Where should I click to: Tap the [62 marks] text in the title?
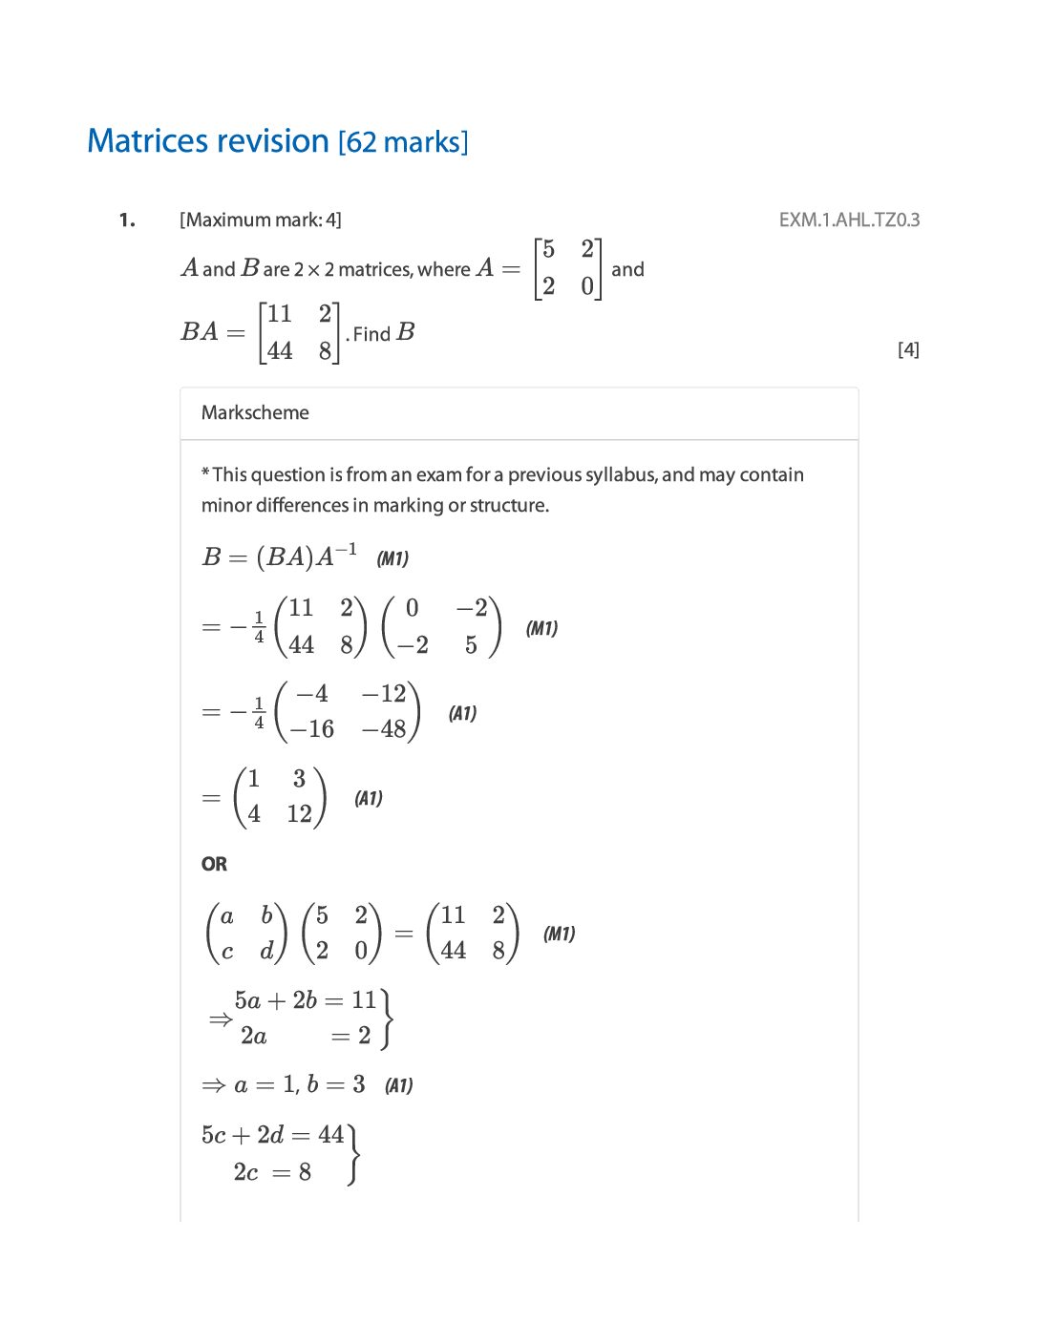(x=403, y=142)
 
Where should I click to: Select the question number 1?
(x=127, y=220)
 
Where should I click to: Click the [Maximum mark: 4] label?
(x=260, y=220)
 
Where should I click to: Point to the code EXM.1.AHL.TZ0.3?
(x=849, y=220)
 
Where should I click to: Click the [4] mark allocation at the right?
(x=908, y=349)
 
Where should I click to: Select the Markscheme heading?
(x=255, y=412)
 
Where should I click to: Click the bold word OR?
(x=214, y=864)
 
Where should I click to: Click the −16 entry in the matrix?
(x=312, y=729)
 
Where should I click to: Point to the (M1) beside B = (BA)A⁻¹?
(x=392, y=558)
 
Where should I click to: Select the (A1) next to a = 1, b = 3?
(x=398, y=1085)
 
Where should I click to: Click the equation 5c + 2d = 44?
(x=272, y=1135)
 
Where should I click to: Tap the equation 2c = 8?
(x=272, y=1171)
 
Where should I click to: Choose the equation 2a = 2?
(x=306, y=1036)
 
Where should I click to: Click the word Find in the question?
(x=371, y=334)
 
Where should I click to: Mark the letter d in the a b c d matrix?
(x=266, y=951)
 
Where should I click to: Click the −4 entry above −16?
(x=312, y=694)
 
